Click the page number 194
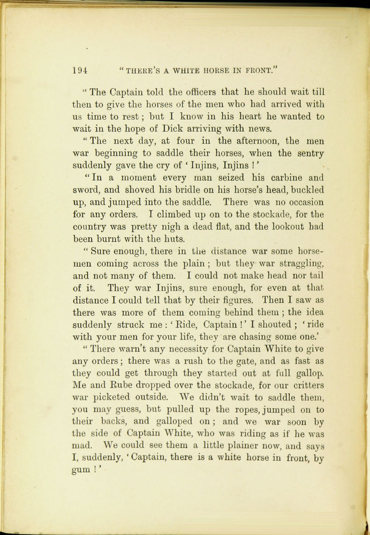pyautogui.click(x=80, y=70)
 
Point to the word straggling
pyautogui.click(x=297, y=263)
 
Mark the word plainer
pyautogui.click(x=245, y=446)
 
